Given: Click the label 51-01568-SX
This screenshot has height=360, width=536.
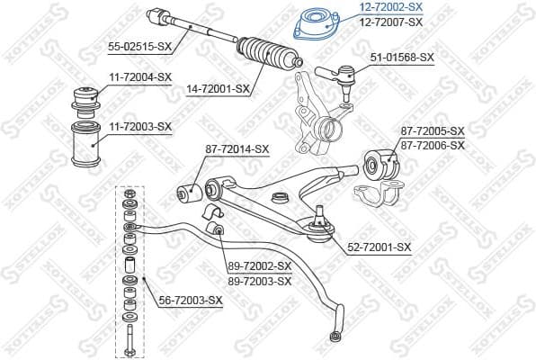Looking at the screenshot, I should click(402, 57).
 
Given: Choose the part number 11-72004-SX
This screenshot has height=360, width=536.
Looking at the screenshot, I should click(140, 77).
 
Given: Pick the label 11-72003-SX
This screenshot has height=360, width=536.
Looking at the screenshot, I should click(140, 126).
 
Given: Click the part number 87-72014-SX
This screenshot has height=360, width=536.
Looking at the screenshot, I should click(237, 148).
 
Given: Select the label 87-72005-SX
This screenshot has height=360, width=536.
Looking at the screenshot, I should click(433, 131).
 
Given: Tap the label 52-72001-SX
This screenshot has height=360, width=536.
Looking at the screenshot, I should click(379, 247).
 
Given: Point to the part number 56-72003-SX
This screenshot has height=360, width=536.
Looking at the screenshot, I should click(190, 299).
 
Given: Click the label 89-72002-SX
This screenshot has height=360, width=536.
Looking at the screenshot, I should click(259, 266).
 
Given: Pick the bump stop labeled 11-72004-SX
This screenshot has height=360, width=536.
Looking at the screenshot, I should click(90, 95).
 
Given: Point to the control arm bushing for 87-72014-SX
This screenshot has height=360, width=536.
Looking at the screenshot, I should click(189, 190).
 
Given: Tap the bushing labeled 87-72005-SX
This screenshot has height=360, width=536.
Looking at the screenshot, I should click(378, 162).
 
